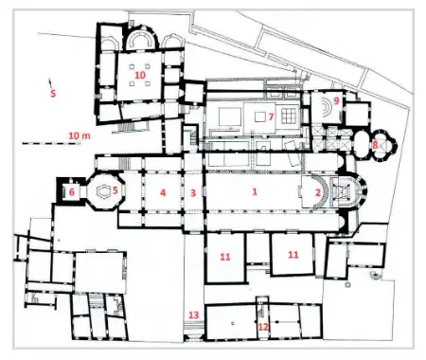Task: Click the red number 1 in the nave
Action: click(x=255, y=191)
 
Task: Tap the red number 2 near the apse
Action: click(x=318, y=192)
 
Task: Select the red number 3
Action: click(x=193, y=192)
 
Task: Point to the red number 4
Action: click(x=163, y=192)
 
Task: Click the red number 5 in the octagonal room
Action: click(x=115, y=190)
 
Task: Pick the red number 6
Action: click(x=72, y=191)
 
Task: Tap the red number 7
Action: click(x=271, y=117)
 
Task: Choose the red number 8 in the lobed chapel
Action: click(x=375, y=145)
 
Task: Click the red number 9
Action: click(x=336, y=100)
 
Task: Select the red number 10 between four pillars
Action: click(x=140, y=75)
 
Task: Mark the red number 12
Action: click(x=263, y=327)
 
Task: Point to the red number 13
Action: click(x=194, y=315)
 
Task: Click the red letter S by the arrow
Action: click(x=53, y=93)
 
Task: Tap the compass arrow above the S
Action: click(x=49, y=82)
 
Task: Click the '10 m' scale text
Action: click(x=80, y=135)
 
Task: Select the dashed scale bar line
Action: click(x=51, y=144)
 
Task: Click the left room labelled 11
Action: click(x=225, y=258)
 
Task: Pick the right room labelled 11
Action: click(x=293, y=254)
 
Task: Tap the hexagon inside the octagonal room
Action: click(x=103, y=191)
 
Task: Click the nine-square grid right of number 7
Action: click(x=289, y=117)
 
